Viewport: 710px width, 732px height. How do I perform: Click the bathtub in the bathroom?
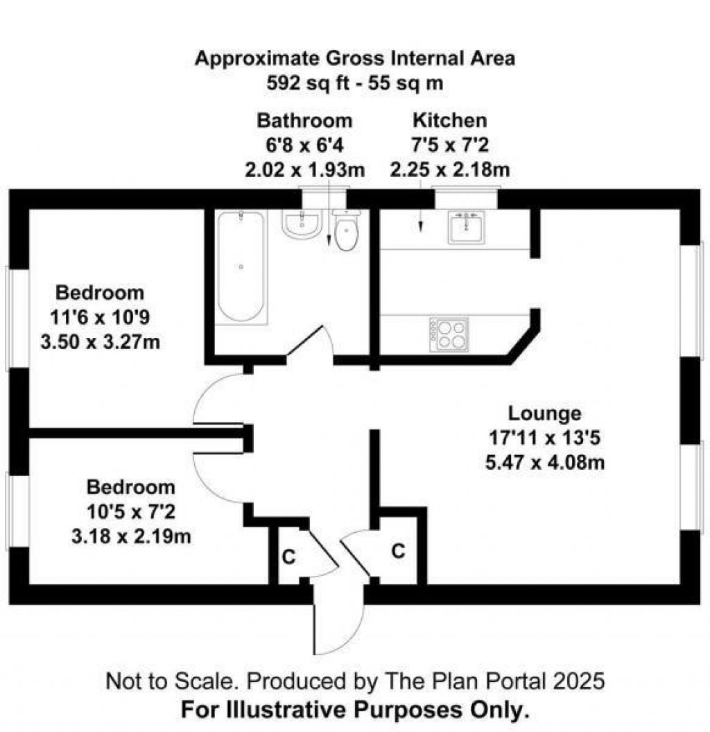click(240, 267)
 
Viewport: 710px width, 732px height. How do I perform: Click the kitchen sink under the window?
click(465, 228)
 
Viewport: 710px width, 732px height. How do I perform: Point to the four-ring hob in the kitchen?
click(449, 334)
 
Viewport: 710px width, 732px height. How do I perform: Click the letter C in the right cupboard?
click(398, 551)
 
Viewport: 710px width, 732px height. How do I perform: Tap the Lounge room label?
click(544, 414)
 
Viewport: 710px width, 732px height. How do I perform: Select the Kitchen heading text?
click(449, 120)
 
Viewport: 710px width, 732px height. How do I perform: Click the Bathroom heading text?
click(304, 120)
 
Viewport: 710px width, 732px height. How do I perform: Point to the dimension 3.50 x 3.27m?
click(105, 343)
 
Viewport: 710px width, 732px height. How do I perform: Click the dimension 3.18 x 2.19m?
click(131, 536)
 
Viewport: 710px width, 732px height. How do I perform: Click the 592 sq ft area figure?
click(303, 83)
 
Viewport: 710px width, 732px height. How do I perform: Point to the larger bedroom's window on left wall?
click(8, 316)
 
